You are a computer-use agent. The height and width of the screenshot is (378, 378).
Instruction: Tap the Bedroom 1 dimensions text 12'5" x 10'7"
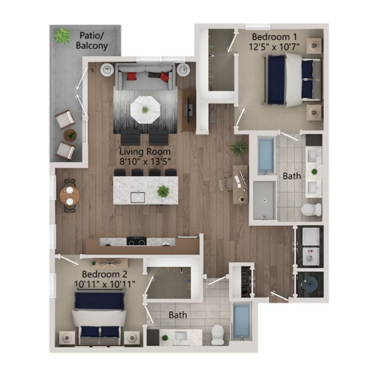(x=275, y=46)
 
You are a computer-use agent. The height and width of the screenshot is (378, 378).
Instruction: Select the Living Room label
(x=145, y=152)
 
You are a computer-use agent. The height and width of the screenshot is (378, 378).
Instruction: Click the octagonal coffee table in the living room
(x=145, y=109)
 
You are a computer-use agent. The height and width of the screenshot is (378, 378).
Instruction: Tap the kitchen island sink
(x=138, y=197)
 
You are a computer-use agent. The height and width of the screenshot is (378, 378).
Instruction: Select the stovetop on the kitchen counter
(x=136, y=241)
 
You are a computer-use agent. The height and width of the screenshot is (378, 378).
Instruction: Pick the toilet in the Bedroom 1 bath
(x=311, y=209)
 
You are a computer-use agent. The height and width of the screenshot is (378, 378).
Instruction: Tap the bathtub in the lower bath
(x=241, y=321)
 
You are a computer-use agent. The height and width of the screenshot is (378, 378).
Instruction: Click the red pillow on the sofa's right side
(x=164, y=77)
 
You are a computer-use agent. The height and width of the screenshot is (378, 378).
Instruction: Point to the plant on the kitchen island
(x=163, y=192)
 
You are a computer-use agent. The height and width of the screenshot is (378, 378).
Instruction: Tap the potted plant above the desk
(x=239, y=147)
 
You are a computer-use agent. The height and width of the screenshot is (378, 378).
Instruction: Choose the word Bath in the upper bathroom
(x=291, y=176)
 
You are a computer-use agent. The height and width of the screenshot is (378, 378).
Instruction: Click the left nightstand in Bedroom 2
(x=67, y=337)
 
